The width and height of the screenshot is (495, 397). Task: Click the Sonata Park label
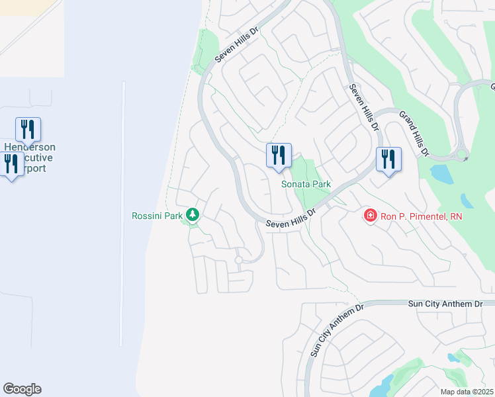coord(306,184)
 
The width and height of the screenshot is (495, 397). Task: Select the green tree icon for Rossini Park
coord(193,214)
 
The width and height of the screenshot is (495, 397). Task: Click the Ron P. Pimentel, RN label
coord(420,216)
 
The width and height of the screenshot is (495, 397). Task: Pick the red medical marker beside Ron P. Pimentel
coord(370,216)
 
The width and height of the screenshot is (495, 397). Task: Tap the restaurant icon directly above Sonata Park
coord(279,155)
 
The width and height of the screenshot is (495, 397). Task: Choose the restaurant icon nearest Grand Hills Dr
coord(388,159)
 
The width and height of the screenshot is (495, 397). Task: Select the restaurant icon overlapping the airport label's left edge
coord(11,163)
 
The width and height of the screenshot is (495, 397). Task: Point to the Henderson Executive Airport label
coord(30,157)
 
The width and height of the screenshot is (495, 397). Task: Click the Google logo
coord(22,389)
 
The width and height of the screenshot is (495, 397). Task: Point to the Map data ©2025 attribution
coord(466,392)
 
